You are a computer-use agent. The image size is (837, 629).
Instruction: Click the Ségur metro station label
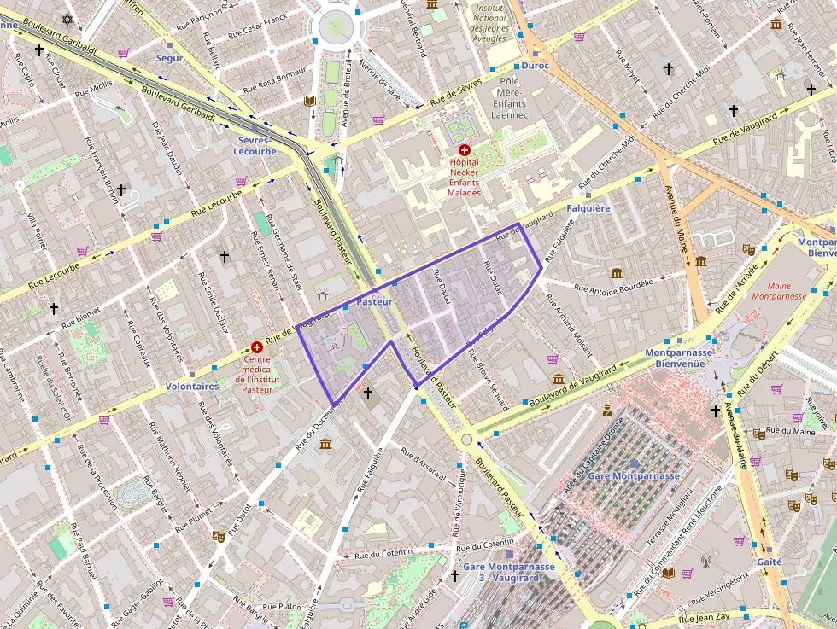pyautogui.click(x=169, y=58)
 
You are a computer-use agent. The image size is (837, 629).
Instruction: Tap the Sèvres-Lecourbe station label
pyautogui.click(x=255, y=145)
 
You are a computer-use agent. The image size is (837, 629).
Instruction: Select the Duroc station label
pyautogui.click(x=535, y=66)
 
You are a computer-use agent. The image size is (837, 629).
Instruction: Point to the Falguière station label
pyautogui.click(x=588, y=208)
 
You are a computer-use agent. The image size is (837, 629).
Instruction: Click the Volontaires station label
pyautogui.click(x=192, y=386)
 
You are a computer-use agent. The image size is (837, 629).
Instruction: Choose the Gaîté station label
pyautogui.click(x=769, y=562)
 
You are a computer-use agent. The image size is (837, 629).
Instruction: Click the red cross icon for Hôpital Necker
pyautogui.click(x=464, y=149)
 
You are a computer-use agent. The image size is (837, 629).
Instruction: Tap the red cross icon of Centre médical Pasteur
pyautogui.click(x=256, y=347)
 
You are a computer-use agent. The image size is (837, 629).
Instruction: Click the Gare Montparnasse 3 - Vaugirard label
pyautogui.click(x=508, y=572)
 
